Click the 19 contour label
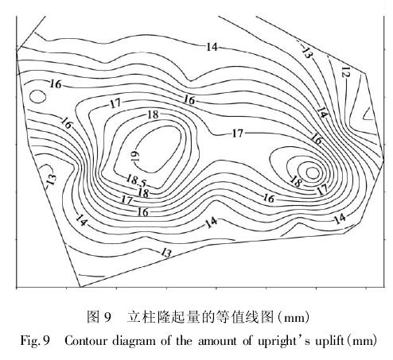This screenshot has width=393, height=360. click(135, 156)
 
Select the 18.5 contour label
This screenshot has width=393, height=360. click(136, 180)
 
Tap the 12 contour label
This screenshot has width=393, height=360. click(345, 72)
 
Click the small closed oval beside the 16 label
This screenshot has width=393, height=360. click(37, 96)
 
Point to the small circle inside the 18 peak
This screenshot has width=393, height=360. click(313, 172)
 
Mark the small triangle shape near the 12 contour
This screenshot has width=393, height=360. click(369, 114)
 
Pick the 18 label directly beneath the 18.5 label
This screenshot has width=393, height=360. click(143, 192)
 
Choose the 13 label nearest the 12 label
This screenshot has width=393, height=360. click(307, 52)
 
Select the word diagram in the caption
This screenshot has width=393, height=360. click(134, 342)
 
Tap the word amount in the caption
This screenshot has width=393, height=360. click(217, 341)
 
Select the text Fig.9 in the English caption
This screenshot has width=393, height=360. click(35, 341)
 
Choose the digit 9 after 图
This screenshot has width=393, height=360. click(107, 317)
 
